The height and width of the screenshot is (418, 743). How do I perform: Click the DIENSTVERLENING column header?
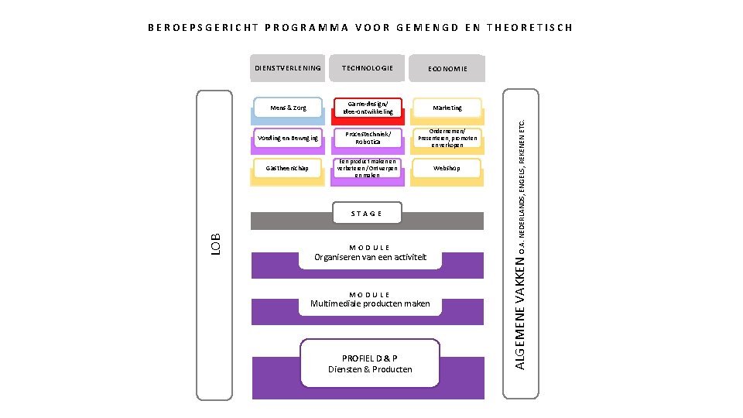click(287, 68)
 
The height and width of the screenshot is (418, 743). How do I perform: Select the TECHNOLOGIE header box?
click(367, 68)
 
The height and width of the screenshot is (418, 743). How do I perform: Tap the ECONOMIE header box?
click(447, 69)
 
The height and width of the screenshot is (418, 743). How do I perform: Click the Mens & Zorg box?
click(287, 108)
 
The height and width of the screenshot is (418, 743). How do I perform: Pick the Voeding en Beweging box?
click(287, 138)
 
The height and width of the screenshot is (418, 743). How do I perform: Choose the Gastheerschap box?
click(287, 168)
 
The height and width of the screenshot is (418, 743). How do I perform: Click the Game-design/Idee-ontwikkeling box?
click(367, 108)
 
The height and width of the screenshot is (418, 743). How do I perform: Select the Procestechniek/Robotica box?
click(367, 138)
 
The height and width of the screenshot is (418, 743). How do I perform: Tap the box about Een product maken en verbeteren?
click(367, 168)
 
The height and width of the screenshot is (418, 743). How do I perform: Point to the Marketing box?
click(447, 108)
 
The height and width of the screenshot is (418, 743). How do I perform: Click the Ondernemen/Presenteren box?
click(447, 138)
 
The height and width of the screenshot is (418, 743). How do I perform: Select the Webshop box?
click(447, 168)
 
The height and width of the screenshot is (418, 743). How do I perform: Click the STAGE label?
click(366, 214)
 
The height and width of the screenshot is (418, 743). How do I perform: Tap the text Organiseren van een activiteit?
click(370, 257)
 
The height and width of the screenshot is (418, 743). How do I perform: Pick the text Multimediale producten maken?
click(370, 303)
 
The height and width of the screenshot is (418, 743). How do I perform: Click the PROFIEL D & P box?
click(370, 364)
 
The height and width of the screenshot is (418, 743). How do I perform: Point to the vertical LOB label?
click(216, 244)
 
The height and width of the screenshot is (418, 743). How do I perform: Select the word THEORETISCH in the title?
click(530, 28)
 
